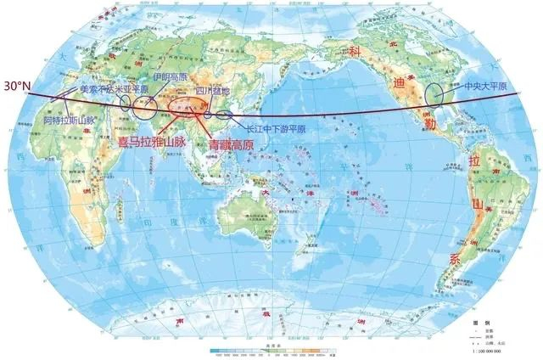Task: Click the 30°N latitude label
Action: [18, 87]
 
